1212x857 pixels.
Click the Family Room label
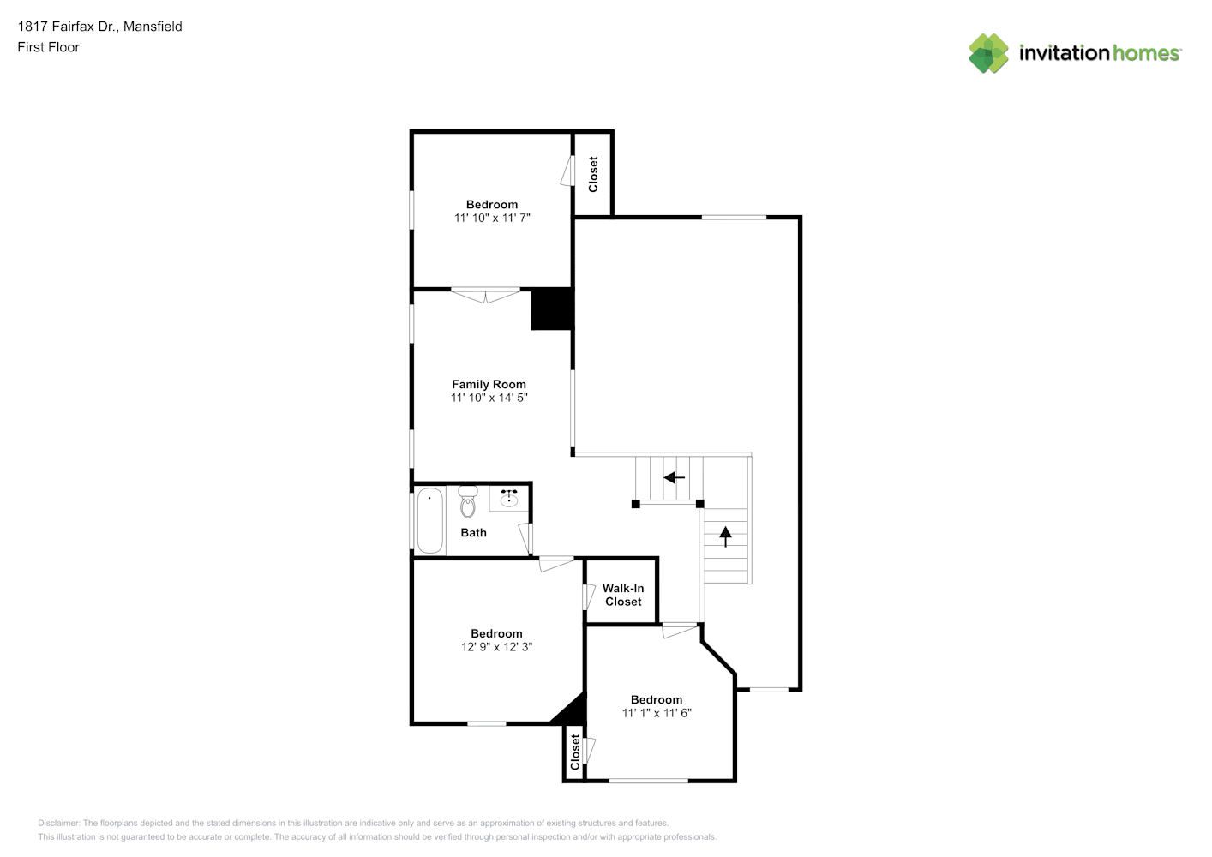pyautogui.click(x=489, y=384)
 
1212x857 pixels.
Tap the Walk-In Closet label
pyautogui.click(x=623, y=595)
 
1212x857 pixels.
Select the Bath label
pyautogui.click(x=473, y=533)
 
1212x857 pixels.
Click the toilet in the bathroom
pyautogui.click(x=467, y=501)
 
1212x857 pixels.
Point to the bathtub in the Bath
pyautogui.click(x=430, y=520)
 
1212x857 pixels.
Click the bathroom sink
pyautogui.click(x=508, y=498)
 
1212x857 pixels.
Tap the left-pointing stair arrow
pyautogui.click(x=675, y=477)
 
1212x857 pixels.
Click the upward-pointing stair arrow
pyautogui.click(x=725, y=536)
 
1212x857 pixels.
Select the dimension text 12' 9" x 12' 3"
pyautogui.click(x=496, y=646)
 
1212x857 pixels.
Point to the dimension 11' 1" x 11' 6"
pyautogui.click(x=657, y=712)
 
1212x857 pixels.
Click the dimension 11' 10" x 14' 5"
pyautogui.click(x=489, y=398)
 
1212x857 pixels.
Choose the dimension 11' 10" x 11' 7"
pyautogui.click(x=492, y=218)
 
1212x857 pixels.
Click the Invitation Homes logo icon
pyautogui.click(x=988, y=53)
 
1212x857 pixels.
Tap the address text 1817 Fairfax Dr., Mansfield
pyautogui.click(x=99, y=27)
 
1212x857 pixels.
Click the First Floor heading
pyautogui.click(x=48, y=47)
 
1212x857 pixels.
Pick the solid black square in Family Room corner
pyautogui.click(x=551, y=309)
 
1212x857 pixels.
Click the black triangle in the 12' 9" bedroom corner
pyautogui.click(x=572, y=710)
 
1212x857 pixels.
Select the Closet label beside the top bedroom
pyautogui.click(x=593, y=174)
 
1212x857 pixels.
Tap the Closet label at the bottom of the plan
pyautogui.click(x=574, y=752)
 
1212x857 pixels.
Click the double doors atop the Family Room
pyautogui.click(x=485, y=296)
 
